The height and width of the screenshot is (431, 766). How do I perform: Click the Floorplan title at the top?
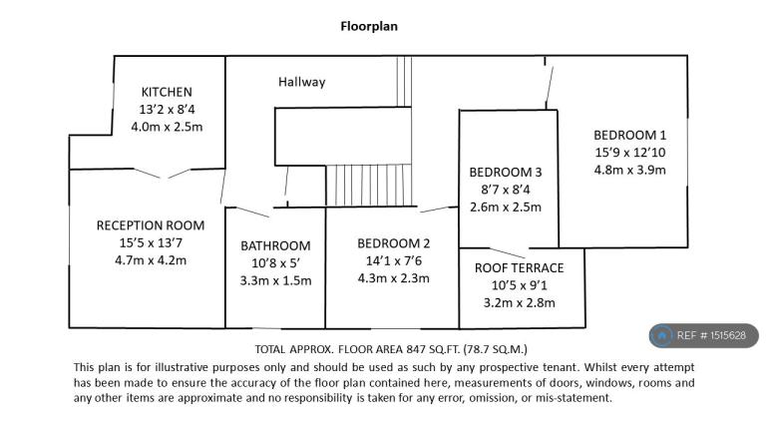click(369, 26)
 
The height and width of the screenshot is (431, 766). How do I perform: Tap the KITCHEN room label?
click(167, 92)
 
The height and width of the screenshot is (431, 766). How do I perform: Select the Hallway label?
click(302, 82)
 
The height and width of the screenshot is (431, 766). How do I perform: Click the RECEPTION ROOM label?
click(151, 225)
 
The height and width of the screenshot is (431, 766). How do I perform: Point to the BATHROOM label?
click(275, 245)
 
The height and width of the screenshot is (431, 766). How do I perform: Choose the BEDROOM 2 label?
click(393, 243)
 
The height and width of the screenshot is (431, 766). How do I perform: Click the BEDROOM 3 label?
click(506, 172)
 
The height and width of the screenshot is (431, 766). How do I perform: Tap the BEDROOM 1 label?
click(629, 135)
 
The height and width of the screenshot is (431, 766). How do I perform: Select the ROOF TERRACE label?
click(520, 267)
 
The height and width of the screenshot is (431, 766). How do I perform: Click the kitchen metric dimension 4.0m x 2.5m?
click(167, 127)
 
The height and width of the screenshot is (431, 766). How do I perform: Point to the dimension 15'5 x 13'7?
click(151, 242)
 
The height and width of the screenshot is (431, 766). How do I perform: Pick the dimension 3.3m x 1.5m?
click(275, 281)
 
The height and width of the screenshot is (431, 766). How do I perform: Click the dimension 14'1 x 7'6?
click(394, 261)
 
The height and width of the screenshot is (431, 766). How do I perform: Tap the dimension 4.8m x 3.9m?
click(629, 170)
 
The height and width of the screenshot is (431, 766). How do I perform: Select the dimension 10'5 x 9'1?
click(520, 285)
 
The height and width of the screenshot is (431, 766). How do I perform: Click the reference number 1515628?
click(728, 335)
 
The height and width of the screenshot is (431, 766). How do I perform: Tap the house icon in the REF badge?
click(662, 335)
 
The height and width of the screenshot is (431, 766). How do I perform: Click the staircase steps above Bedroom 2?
click(369, 186)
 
